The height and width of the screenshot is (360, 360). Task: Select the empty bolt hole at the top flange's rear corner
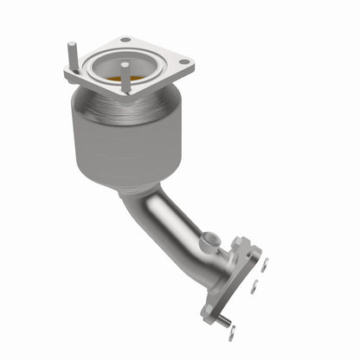pos(125,40)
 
